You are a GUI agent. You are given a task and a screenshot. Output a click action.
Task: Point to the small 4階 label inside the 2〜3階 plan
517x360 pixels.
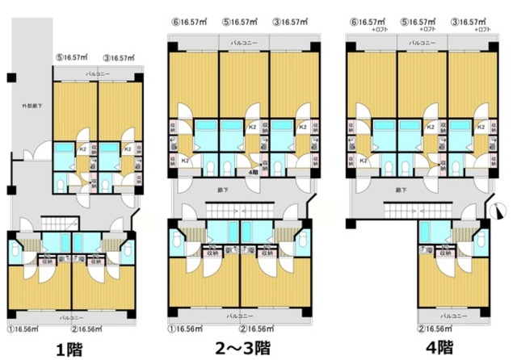[252, 170]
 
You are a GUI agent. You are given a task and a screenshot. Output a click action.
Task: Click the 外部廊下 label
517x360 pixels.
[33, 105]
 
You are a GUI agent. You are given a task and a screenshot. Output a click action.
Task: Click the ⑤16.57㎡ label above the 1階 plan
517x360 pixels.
[72, 57]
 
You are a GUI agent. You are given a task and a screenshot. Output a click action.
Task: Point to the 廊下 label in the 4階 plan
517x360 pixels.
[401, 190]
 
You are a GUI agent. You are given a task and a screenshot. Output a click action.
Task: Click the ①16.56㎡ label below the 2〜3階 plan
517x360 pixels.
[186, 329]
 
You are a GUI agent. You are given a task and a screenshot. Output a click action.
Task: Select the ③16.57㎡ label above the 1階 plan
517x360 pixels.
[120, 57]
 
